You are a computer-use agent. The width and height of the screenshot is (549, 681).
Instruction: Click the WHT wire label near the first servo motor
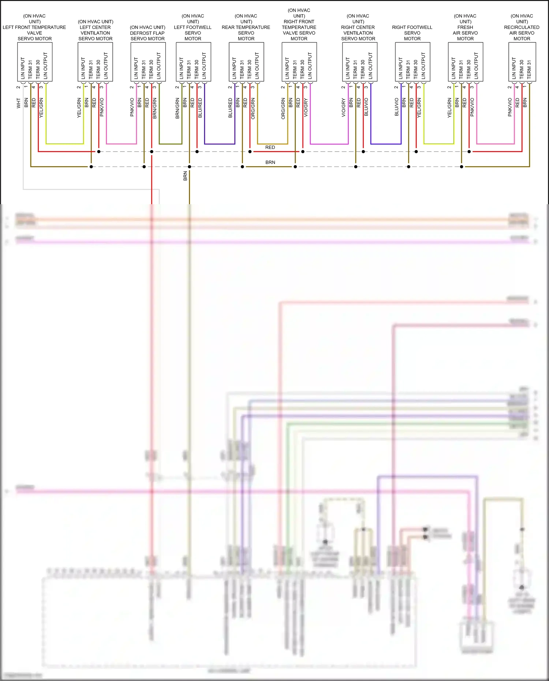click(19, 103)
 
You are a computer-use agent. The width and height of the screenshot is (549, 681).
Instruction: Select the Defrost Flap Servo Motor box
click(148, 62)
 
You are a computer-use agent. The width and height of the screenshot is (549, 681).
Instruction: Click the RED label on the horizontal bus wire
click(270, 147)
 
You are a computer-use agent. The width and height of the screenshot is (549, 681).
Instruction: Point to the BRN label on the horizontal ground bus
click(270, 162)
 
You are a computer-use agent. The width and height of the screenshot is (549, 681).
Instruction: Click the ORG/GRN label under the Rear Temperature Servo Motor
click(253, 108)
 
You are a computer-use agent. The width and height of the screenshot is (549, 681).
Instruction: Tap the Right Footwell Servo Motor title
click(412, 33)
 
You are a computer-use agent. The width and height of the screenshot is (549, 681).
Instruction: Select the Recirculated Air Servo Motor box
click(522, 62)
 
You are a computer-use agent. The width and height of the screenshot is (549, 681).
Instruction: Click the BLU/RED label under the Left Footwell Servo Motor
click(200, 108)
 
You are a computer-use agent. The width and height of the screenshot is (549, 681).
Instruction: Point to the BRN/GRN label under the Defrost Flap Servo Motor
click(154, 108)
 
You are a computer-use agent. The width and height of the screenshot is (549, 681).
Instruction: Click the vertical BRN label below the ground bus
click(185, 176)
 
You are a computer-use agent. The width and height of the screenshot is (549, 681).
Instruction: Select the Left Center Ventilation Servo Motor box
click(95, 62)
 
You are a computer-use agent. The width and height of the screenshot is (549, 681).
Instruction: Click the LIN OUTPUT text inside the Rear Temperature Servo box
click(257, 66)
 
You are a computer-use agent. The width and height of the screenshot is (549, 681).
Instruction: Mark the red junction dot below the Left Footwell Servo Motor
click(197, 151)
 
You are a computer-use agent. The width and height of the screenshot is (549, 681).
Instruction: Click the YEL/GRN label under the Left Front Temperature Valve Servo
click(41, 108)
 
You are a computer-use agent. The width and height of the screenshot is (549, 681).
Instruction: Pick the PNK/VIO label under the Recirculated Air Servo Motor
click(510, 107)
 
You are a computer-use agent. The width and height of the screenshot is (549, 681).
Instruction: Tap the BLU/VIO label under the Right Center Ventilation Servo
click(366, 107)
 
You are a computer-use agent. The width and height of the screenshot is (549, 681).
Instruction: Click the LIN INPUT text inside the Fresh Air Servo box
click(453, 68)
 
